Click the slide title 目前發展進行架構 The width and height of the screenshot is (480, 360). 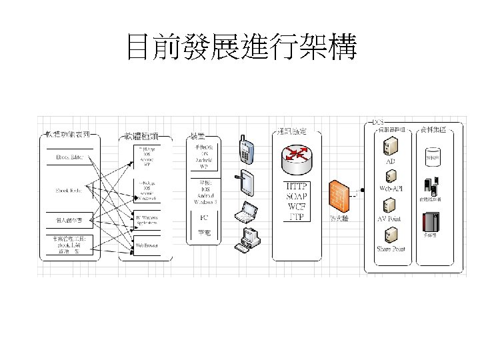coord(241,48)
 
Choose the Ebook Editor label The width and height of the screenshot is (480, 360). coord(69,158)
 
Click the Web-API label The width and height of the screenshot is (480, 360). coord(391,189)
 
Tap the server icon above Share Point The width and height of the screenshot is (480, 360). coord(391,235)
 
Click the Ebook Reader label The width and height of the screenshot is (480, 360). coord(69,191)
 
